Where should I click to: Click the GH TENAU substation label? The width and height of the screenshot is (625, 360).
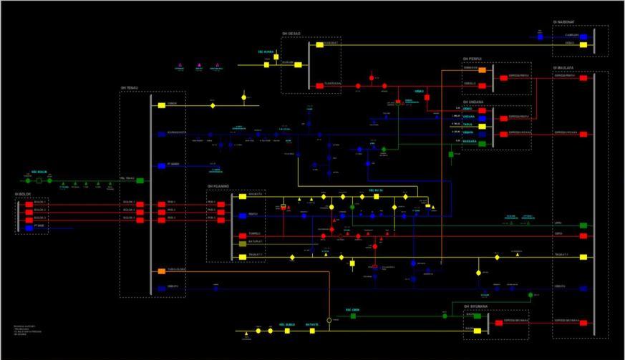pyautogui.click(x=129, y=89)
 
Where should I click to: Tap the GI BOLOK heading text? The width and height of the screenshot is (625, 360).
pyautogui.click(x=22, y=194)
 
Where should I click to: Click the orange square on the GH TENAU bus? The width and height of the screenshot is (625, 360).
pyautogui.click(x=162, y=271)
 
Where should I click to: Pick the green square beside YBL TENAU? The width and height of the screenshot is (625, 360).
pyautogui.click(x=140, y=181)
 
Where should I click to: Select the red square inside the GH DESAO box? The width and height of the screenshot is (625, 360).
pyautogui.click(x=319, y=85)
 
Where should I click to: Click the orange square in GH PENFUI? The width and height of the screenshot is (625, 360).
pyautogui.click(x=483, y=70)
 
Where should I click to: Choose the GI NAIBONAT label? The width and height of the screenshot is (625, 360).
pyautogui.click(x=564, y=23)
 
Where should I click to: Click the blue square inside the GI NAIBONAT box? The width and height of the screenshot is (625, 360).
pyautogui.click(x=583, y=36)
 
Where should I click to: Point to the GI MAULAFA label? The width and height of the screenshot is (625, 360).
pyautogui.click(x=563, y=68)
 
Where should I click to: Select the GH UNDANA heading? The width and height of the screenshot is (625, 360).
pyautogui.click(x=473, y=102)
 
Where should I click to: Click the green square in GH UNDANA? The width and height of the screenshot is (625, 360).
pyautogui.click(x=483, y=143)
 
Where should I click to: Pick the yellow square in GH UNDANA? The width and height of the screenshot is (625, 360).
pyautogui.click(x=483, y=126)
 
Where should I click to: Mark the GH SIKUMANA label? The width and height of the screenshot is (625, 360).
pyautogui.click(x=475, y=306)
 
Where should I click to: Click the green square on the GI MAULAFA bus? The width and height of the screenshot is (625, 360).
pyautogui.click(x=583, y=225)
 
